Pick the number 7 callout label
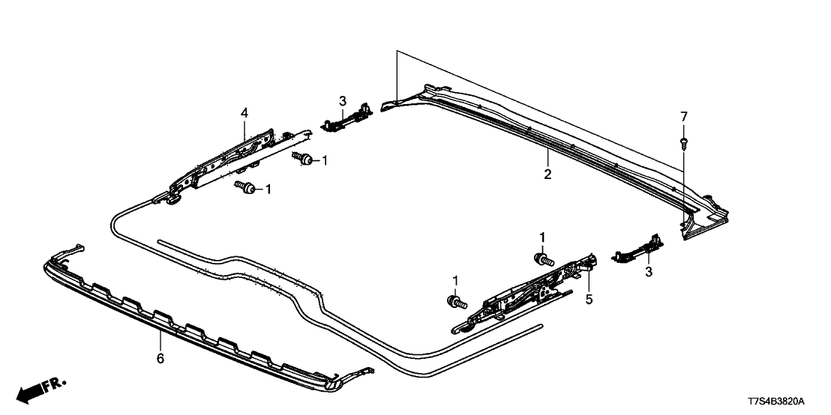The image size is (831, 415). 683,116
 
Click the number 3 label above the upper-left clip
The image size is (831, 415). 342,100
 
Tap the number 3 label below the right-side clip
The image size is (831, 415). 648,273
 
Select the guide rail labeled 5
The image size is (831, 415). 525,292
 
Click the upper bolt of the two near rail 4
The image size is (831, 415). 304,158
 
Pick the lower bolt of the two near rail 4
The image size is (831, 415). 244,187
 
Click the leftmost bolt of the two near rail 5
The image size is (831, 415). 454,302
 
